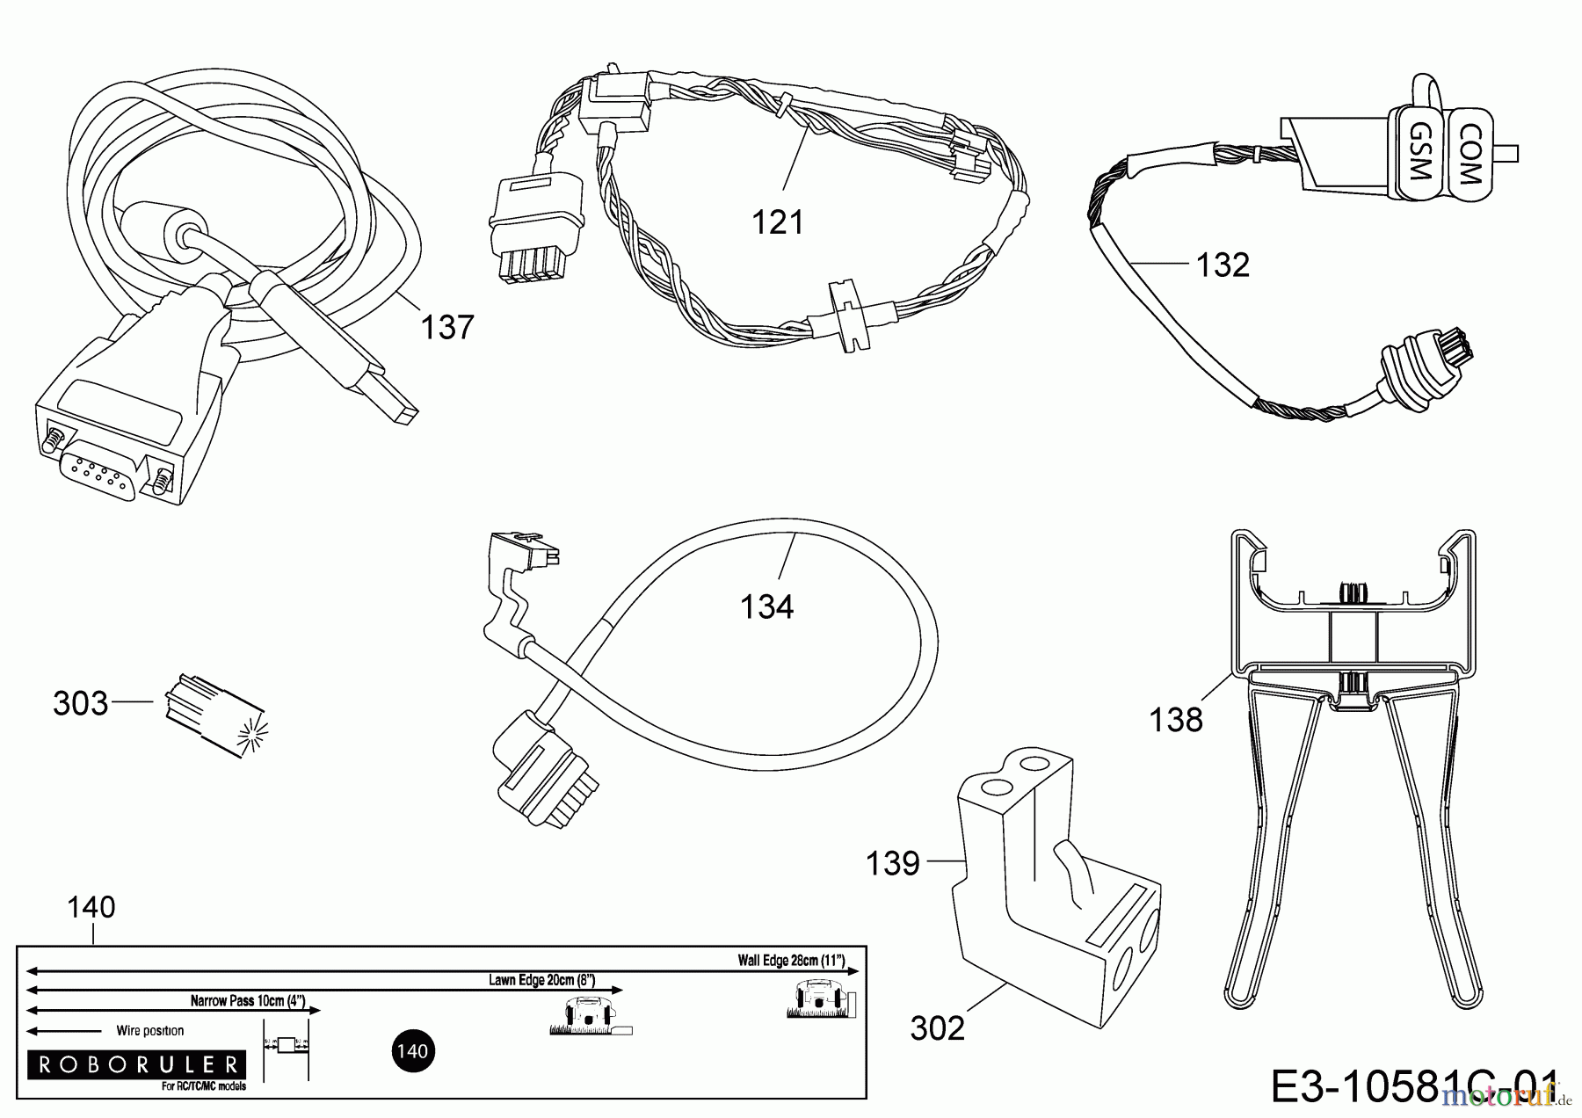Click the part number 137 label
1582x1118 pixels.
[447, 328]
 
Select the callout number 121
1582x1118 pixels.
[778, 222]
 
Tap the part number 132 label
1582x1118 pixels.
[1223, 265]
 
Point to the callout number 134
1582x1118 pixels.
[766, 606]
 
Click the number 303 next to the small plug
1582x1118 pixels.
[80, 703]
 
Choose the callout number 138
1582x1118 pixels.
[1176, 720]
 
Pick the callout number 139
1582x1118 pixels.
[893, 862]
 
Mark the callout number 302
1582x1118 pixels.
[938, 1027]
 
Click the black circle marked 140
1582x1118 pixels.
[411, 1051]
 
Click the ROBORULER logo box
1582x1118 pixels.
[136, 1065]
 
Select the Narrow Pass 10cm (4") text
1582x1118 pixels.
[247, 1000]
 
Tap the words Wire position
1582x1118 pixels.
[149, 1030]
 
